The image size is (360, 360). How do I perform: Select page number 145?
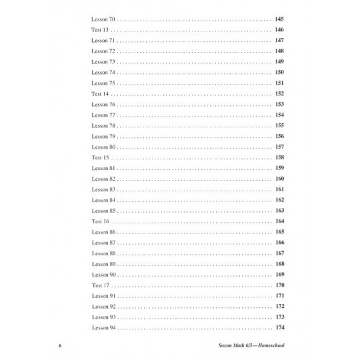(279, 19)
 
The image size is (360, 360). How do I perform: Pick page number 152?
(279, 94)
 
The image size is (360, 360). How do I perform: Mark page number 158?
(279, 157)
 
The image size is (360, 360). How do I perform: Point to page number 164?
(279, 221)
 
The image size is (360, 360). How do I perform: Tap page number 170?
(279, 285)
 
